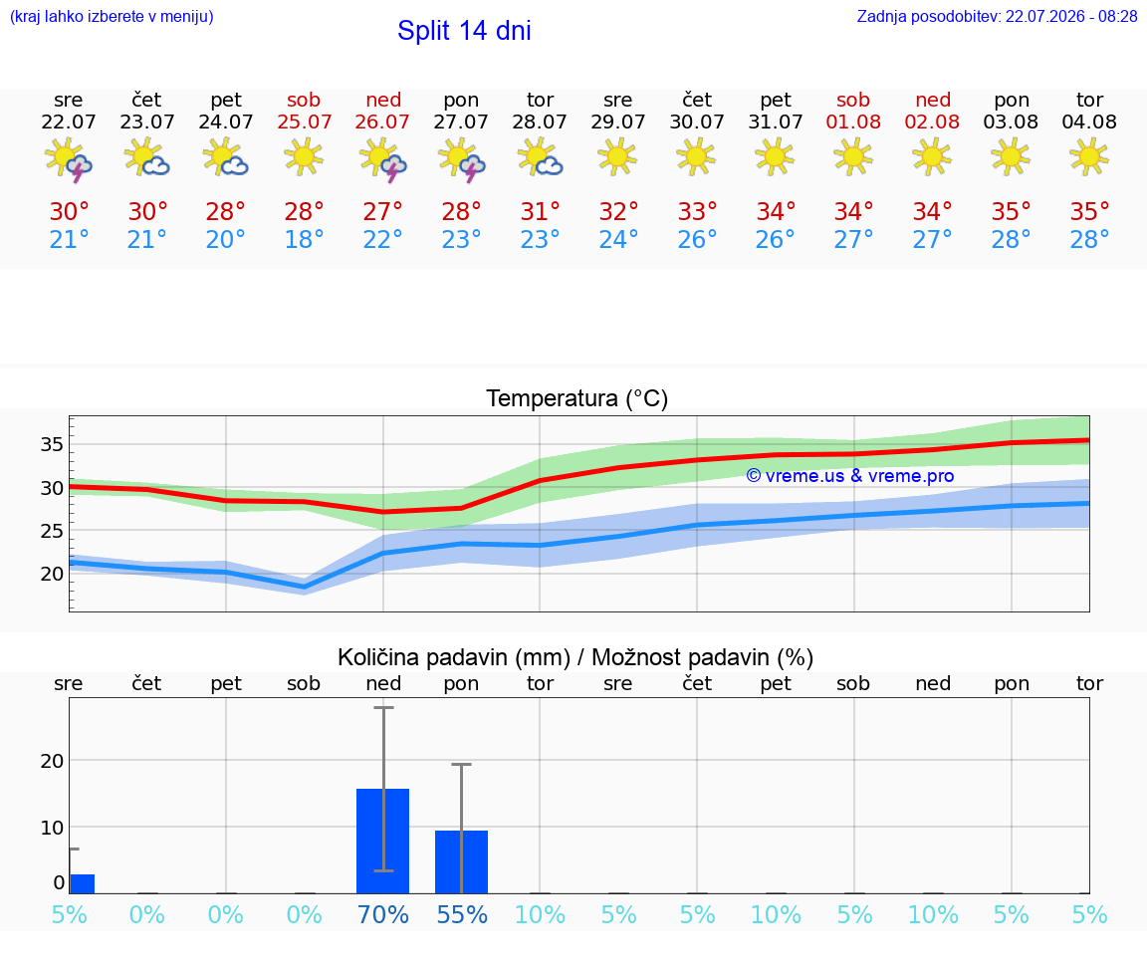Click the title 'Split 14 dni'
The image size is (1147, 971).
[x=464, y=31]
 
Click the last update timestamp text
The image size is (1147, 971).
[x=997, y=16]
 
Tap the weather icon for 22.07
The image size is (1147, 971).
[x=68, y=158]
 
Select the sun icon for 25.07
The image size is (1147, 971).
[x=304, y=157]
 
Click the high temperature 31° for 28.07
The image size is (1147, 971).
[x=540, y=211]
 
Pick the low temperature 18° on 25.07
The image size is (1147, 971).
[x=304, y=239]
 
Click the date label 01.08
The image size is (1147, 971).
[x=853, y=121]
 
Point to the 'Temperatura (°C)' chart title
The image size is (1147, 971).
[x=576, y=398]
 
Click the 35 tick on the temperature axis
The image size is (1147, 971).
[x=52, y=444]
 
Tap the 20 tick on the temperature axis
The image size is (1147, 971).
[x=52, y=574]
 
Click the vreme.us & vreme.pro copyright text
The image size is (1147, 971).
[x=850, y=476]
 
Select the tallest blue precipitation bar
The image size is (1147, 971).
[x=382, y=841]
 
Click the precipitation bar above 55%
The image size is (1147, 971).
[x=461, y=862]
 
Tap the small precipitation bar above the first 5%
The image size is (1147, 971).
[x=82, y=884]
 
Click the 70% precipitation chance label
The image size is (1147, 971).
[x=382, y=914]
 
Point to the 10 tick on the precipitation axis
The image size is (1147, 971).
[x=52, y=827]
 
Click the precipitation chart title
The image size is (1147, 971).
[x=574, y=657]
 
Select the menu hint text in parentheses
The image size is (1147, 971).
[x=112, y=16]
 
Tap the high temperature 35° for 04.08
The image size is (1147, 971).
[x=1089, y=211]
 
